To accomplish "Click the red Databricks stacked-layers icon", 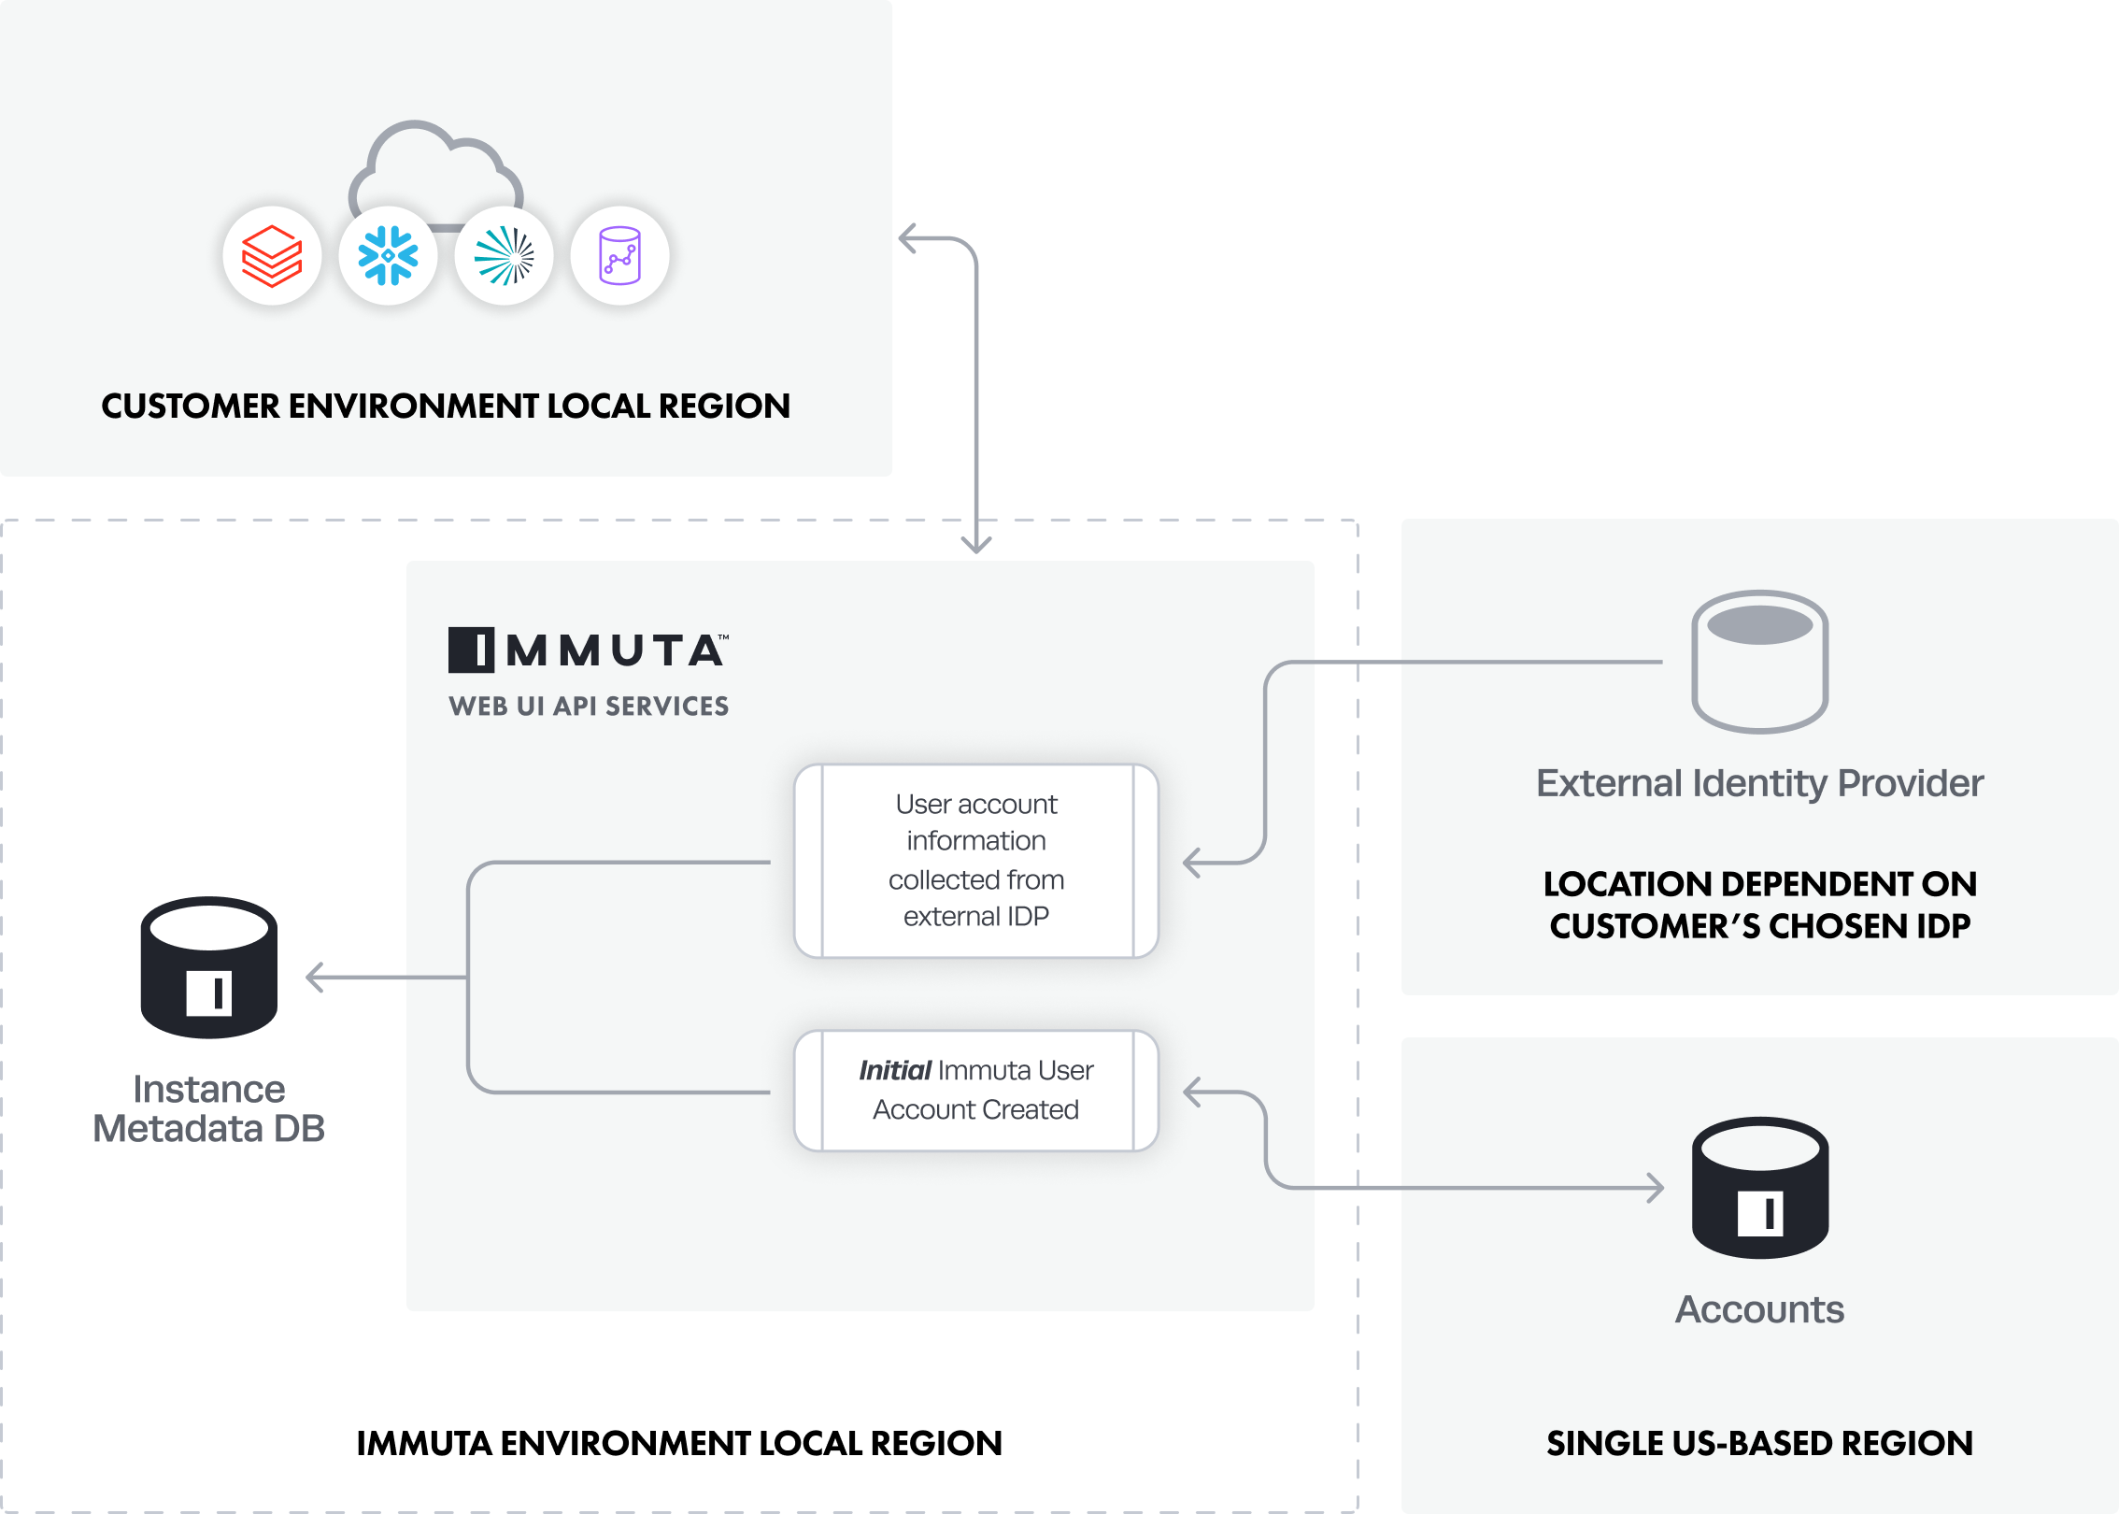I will [x=272, y=256].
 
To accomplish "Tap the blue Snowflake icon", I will [x=388, y=256].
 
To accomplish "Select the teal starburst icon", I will [x=505, y=256].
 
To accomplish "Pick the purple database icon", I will [x=620, y=256].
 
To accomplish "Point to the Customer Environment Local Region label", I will [x=446, y=407].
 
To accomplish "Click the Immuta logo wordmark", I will [x=589, y=650].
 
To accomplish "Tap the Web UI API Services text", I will [x=589, y=707].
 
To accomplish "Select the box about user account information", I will [x=976, y=861].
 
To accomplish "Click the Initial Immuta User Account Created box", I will [x=976, y=1091].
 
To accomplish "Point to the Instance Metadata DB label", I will [x=209, y=1109].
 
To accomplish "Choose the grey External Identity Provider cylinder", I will [x=1760, y=662].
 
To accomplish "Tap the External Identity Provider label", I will [x=1760, y=783].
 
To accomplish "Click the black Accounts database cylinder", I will [x=1760, y=1188].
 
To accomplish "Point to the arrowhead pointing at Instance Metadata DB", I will [x=315, y=978].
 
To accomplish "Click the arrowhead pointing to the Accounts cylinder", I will [x=1657, y=1188].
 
